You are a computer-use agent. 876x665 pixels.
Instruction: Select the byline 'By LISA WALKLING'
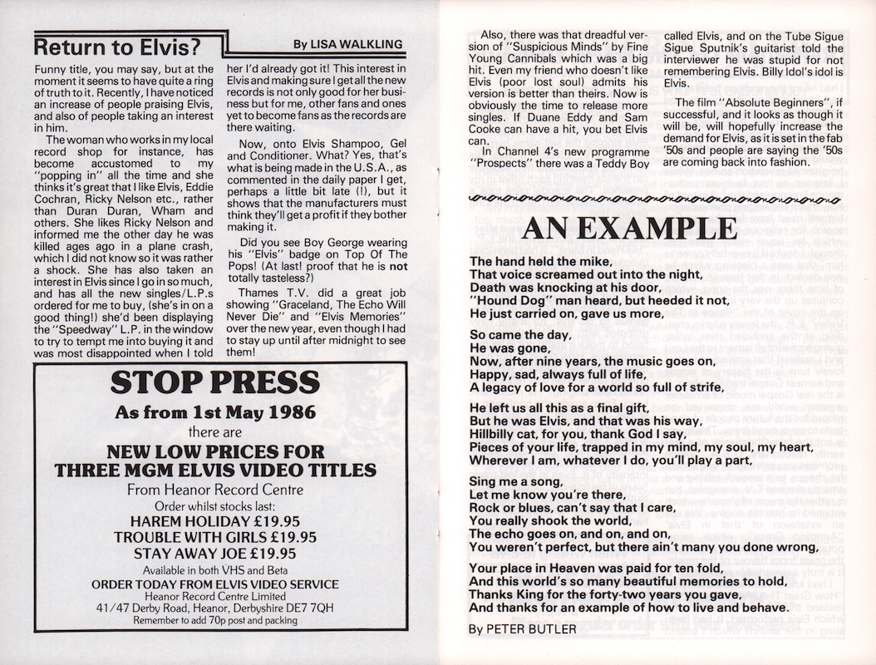[x=348, y=43]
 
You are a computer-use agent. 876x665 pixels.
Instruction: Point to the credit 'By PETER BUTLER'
[x=522, y=630]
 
